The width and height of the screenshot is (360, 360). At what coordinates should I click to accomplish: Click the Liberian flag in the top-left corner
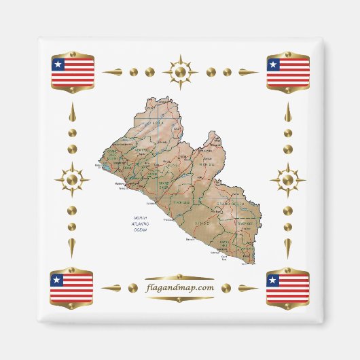[x=73, y=71]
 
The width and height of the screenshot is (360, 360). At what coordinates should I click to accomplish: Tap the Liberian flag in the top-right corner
[x=288, y=71]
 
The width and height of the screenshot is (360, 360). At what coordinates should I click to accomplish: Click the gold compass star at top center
[x=180, y=71]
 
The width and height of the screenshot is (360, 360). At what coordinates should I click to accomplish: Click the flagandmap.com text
[x=180, y=287]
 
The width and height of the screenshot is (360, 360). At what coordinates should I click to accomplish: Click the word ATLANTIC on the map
[x=140, y=224]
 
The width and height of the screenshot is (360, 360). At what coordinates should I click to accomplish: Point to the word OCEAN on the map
[x=140, y=230]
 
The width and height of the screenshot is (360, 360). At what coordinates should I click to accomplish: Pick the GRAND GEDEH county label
[x=238, y=203]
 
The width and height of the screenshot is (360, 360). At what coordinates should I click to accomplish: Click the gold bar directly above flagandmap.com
[x=180, y=277]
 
